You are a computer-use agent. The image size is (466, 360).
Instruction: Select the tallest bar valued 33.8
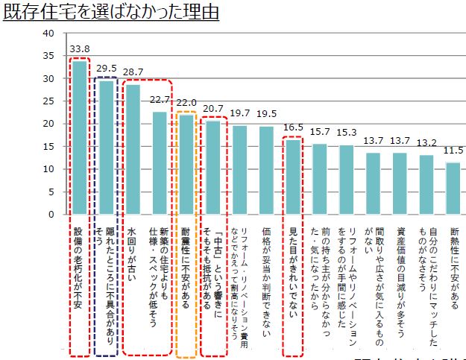pyautogui.click(x=79, y=138)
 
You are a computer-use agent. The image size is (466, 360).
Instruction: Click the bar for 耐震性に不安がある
pyautogui.click(x=186, y=164)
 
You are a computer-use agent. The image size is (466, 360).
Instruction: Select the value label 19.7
pyautogui.click(x=240, y=113)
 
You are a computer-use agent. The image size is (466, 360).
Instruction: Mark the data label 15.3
pyautogui.click(x=347, y=133)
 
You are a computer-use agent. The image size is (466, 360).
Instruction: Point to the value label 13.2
pyautogui.click(x=426, y=142)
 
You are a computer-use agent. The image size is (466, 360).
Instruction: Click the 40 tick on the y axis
pyautogui.click(x=49, y=34)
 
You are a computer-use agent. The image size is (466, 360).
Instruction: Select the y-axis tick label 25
pyautogui.click(x=49, y=101)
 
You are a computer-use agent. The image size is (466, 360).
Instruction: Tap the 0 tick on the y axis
pyautogui.click(x=52, y=215)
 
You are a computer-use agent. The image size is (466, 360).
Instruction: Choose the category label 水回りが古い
pyautogui.click(x=131, y=253)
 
